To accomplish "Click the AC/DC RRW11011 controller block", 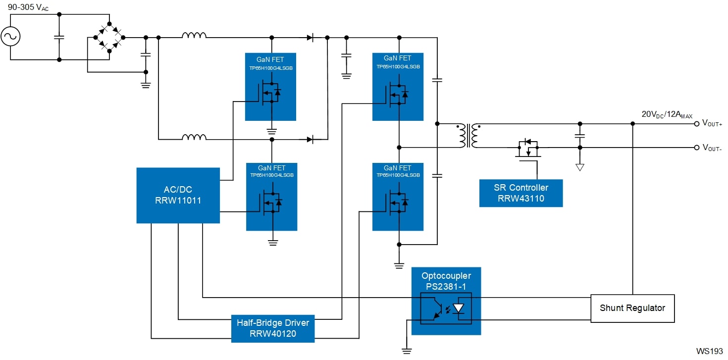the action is pyautogui.click(x=178, y=195).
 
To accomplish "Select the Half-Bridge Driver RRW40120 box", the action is pyautogui.click(x=273, y=328).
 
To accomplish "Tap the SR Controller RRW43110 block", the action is pyautogui.click(x=521, y=193).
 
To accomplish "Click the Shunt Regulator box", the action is pyautogui.click(x=632, y=309).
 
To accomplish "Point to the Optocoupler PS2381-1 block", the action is pyautogui.click(x=446, y=301).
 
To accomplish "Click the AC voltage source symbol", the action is pyautogui.click(x=10, y=36).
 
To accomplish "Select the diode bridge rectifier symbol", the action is pyautogui.click(x=109, y=37).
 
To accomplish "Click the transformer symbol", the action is pyautogui.click(x=468, y=136).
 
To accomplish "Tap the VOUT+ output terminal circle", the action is pyautogui.click(x=696, y=124).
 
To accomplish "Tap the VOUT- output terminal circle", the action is pyautogui.click(x=696, y=148).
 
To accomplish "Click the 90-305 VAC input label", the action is pyautogui.click(x=28, y=7).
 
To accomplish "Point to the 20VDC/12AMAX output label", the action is pyautogui.click(x=667, y=114).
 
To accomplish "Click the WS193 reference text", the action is pyautogui.click(x=710, y=351).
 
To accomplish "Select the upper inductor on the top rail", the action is pyautogui.click(x=194, y=35).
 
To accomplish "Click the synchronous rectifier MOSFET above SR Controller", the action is pyautogui.click(x=528, y=149).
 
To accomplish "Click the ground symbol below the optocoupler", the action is pyautogui.click(x=407, y=351).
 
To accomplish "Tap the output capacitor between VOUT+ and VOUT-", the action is pyautogui.click(x=580, y=136).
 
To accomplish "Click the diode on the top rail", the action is pyautogui.click(x=310, y=38).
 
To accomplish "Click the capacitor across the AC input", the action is pyautogui.click(x=59, y=37).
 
